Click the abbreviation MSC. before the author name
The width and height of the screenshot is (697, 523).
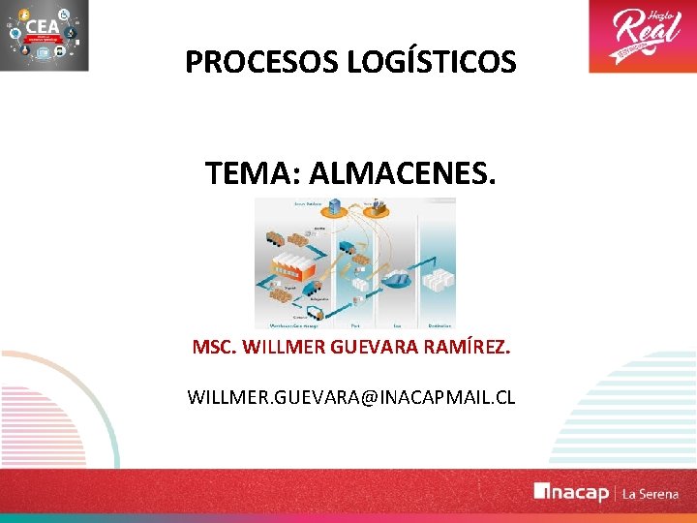click(214, 347)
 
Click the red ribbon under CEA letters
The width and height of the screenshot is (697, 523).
click(44, 42)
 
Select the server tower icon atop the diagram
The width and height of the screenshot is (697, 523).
click(336, 206)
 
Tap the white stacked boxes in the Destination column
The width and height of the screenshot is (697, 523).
click(438, 281)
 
